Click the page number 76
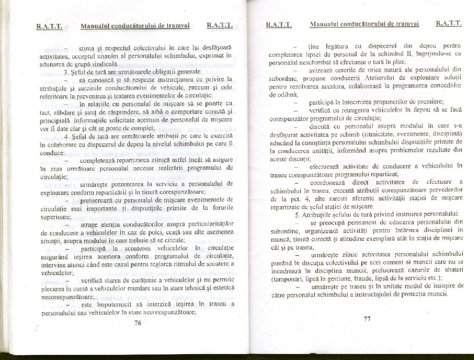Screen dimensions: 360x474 (x=137, y=323)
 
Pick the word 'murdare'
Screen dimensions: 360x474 (x=139, y=289)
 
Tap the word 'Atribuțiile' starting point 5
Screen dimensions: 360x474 (x=320, y=214)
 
